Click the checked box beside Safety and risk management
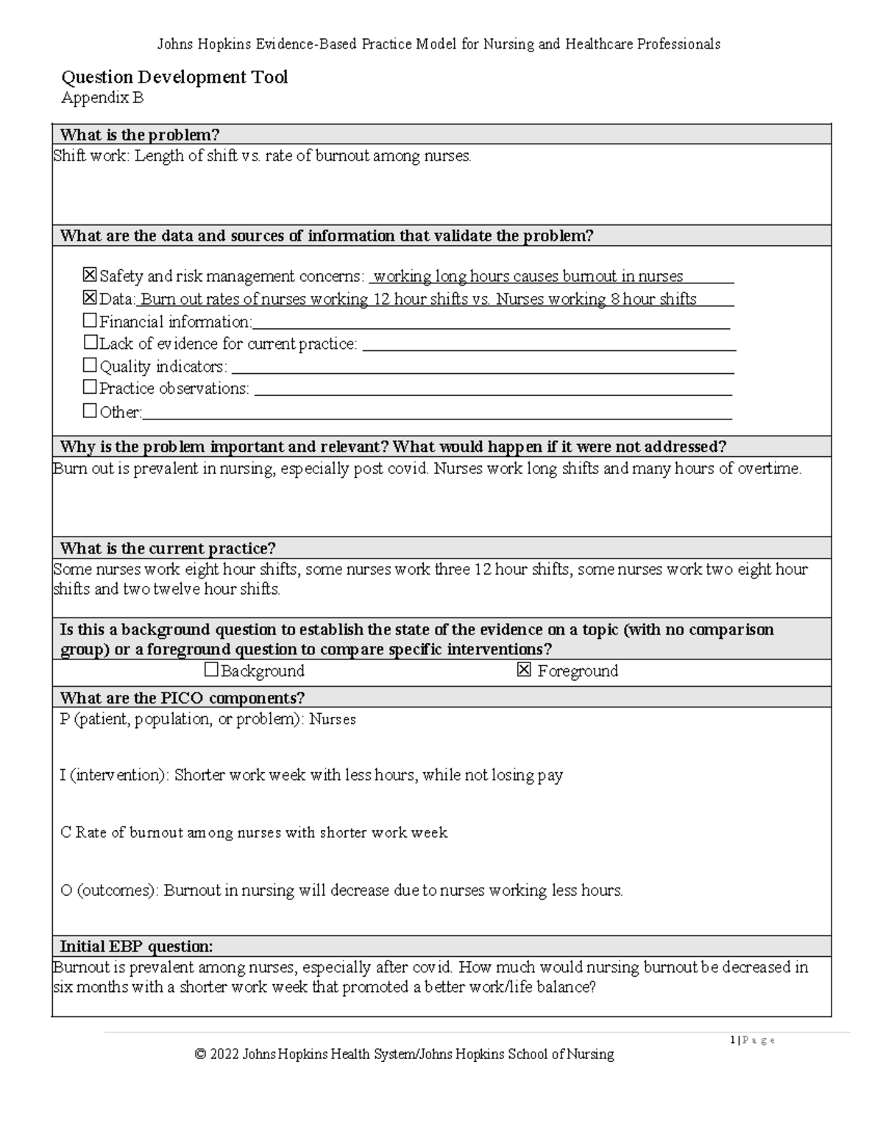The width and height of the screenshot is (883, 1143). [90, 275]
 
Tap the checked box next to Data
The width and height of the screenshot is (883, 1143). [90, 298]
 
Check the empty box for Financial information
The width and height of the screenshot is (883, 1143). [90, 321]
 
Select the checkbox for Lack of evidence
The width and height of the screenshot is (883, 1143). [90, 343]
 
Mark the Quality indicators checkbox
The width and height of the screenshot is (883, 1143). [90, 366]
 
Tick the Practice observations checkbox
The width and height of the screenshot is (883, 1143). [90, 388]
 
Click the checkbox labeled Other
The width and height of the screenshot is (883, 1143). [90, 411]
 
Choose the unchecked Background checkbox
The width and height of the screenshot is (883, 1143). [211, 670]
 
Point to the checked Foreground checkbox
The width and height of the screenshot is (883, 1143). [524, 670]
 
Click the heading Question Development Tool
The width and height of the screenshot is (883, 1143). [174, 77]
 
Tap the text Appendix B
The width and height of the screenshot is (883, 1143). [102, 98]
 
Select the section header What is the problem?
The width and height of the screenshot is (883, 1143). [140, 135]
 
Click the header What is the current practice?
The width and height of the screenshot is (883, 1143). [168, 548]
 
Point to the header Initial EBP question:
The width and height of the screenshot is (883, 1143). [136, 946]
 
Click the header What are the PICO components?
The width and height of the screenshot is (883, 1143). [182, 698]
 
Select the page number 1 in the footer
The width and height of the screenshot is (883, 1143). [733, 1040]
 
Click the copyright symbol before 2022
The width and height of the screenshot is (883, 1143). [200, 1055]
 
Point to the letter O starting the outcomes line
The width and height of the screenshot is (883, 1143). [65, 891]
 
